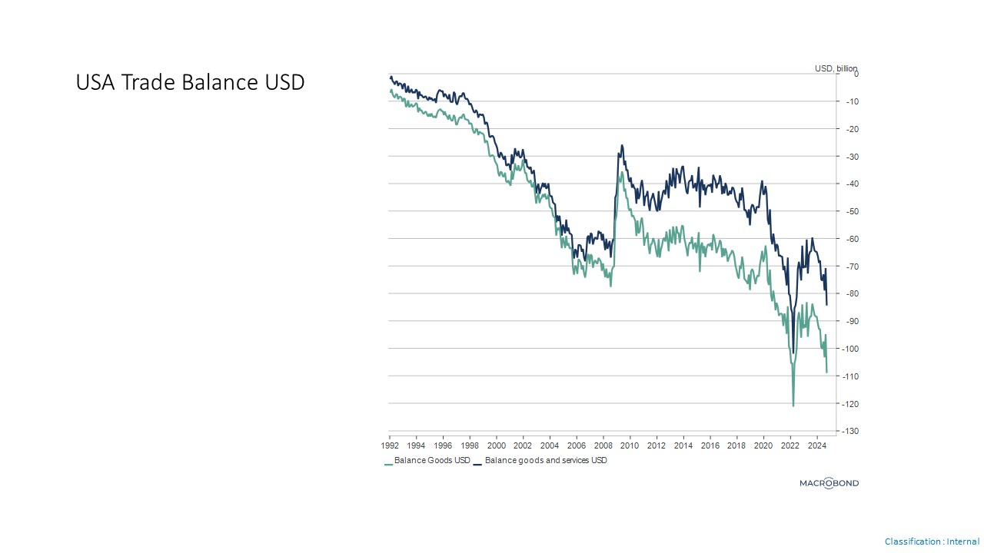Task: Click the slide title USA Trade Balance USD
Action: pos(190,82)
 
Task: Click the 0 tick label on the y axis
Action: pos(855,74)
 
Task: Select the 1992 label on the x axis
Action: pos(390,445)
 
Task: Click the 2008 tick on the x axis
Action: pos(603,445)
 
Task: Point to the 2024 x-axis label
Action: pos(816,445)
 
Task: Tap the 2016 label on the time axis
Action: pos(710,445)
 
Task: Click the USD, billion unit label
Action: pos(836,68)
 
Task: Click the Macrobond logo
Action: pos(829,483)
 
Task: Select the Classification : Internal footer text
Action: pos(932,541)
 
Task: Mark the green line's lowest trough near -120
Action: pos(793,405)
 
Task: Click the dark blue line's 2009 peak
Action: pos(622,145)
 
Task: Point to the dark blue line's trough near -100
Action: pos(793,353)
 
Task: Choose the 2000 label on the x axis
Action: pos(497,445)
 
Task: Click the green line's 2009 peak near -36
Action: pos(622,172)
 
